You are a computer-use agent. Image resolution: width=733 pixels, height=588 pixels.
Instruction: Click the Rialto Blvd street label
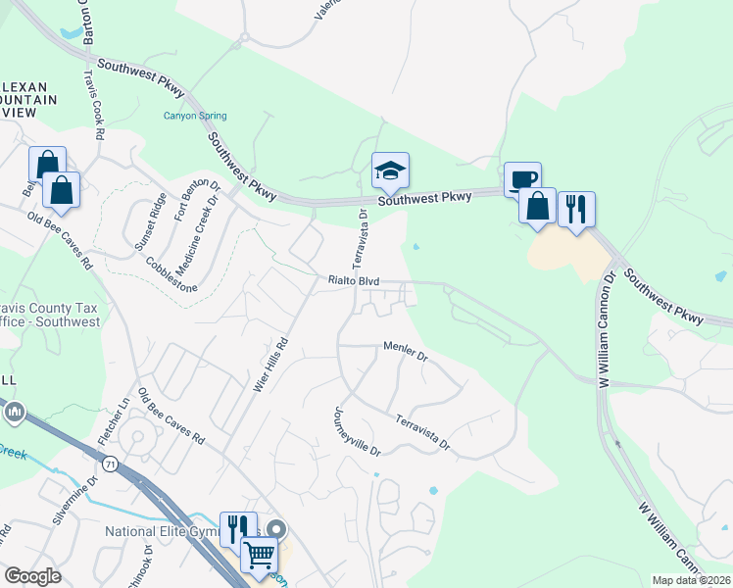point(353,281)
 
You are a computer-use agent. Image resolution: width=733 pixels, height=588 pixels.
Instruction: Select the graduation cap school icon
point(390,172)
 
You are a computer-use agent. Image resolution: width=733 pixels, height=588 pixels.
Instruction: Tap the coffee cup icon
point(522,179)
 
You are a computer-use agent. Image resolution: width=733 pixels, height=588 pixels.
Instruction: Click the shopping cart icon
point(259,556)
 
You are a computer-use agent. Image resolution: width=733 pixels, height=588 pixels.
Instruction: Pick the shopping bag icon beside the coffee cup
point(537,206)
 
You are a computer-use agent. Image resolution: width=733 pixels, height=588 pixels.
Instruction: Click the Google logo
point(33,576)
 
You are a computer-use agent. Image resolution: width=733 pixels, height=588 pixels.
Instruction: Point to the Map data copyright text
point(690,580)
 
